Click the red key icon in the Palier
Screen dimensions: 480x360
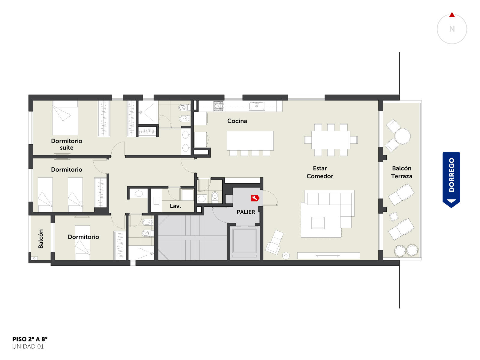(x=255, y=198)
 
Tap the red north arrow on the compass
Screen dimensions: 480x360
(x=452, y=15)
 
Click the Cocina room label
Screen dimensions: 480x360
(x=237, y=121)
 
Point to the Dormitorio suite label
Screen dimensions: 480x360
(x=67, y=144)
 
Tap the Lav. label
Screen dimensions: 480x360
(x=175, y=206)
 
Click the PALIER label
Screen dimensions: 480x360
(x=246, y=212)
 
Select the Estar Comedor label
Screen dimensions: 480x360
(x=320, y=172)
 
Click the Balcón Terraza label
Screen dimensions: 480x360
(x=401, y=172)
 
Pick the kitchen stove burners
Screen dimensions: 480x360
(x=219, y=106)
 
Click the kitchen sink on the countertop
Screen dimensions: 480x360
(x=256, y=106)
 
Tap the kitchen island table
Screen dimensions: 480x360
(x=250, y=140)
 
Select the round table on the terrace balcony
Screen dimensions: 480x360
(x=403, y=136)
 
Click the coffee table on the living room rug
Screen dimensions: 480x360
(x=318, y=223)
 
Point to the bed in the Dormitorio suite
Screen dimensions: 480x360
(x=65, y=118)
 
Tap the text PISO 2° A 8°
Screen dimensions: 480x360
(x=30, y=339)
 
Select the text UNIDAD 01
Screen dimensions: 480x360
(x=28, y=346)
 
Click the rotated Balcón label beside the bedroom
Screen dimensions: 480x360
(x=41, y=239)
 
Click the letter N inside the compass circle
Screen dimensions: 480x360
(x=452, y=29)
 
